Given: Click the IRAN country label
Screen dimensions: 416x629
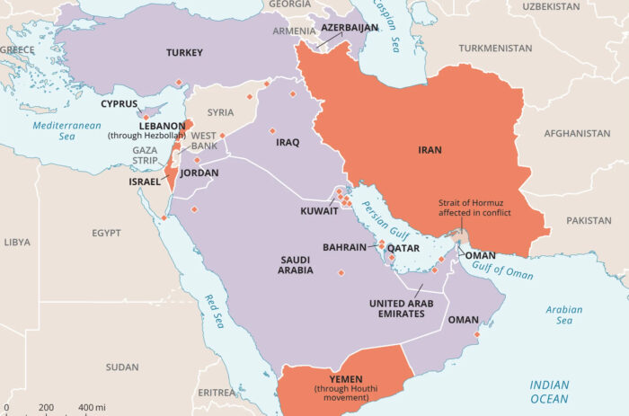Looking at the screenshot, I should tap(430, 150).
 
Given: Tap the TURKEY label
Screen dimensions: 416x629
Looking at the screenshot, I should tap(184, 53).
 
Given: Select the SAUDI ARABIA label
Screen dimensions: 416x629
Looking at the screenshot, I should tap(296, 264).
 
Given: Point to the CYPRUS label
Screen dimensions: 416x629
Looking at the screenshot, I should tap(120, 103).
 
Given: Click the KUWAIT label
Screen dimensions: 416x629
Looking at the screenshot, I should tap(320, 211).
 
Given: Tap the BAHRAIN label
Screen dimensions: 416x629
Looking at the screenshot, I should tap(344, 247).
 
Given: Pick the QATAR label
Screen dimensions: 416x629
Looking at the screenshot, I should tap(403, 248).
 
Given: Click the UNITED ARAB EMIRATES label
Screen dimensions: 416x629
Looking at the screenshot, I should tap(405, 309).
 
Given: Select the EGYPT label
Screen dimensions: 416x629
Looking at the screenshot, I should tap(105, 233).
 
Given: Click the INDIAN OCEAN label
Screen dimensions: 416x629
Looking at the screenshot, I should tap(549, 391).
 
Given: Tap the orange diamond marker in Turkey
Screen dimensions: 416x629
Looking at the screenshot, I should tap(178, 83).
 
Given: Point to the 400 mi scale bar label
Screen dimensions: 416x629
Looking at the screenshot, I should tap(92, 408).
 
